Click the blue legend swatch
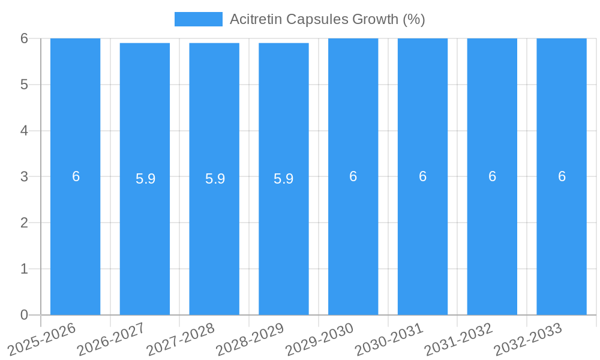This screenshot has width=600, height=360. (198, 19)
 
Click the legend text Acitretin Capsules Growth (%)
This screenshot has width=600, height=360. (327, 19)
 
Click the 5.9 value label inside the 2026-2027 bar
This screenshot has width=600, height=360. (145, 179)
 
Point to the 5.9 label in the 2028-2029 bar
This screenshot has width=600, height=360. (284, 179)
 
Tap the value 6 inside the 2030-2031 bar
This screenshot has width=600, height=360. (422, 176)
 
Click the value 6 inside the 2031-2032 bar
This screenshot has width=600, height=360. (492, 176)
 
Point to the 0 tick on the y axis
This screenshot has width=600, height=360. (24, 315)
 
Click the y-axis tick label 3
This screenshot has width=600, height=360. (24, 176)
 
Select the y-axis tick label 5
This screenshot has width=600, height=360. (24, 85)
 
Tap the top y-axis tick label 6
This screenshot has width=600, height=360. (24, 38)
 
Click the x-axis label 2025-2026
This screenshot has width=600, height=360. (42, 339)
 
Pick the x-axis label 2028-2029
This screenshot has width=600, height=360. (250, 339)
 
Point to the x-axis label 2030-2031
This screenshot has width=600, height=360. (389, 339)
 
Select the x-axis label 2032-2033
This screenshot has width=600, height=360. (527, 339)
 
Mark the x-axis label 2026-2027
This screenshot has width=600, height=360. (111, 339)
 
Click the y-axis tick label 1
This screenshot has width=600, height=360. (24, 269)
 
